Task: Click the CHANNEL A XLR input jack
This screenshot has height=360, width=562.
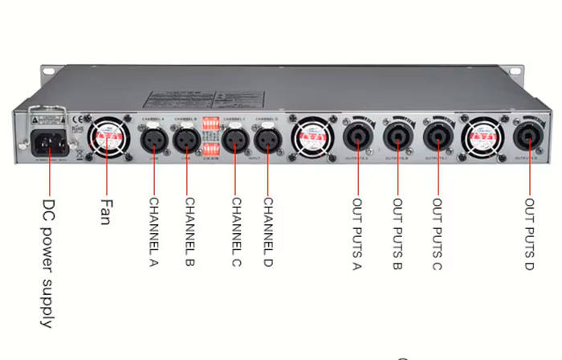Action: point(153,140)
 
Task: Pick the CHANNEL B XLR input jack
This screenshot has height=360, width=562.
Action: point(187,140)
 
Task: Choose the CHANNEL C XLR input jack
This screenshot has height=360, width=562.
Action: point(234,140)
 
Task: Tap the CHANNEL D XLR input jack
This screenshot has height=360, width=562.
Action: point(267,140)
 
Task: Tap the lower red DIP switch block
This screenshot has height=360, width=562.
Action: point(211,149)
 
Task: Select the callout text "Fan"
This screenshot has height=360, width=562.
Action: point(104,212)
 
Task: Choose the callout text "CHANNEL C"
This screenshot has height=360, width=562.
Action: point(235,233)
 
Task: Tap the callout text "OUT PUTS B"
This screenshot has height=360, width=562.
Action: point(397,234)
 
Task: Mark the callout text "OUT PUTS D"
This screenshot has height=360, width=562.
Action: point(529,234)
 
